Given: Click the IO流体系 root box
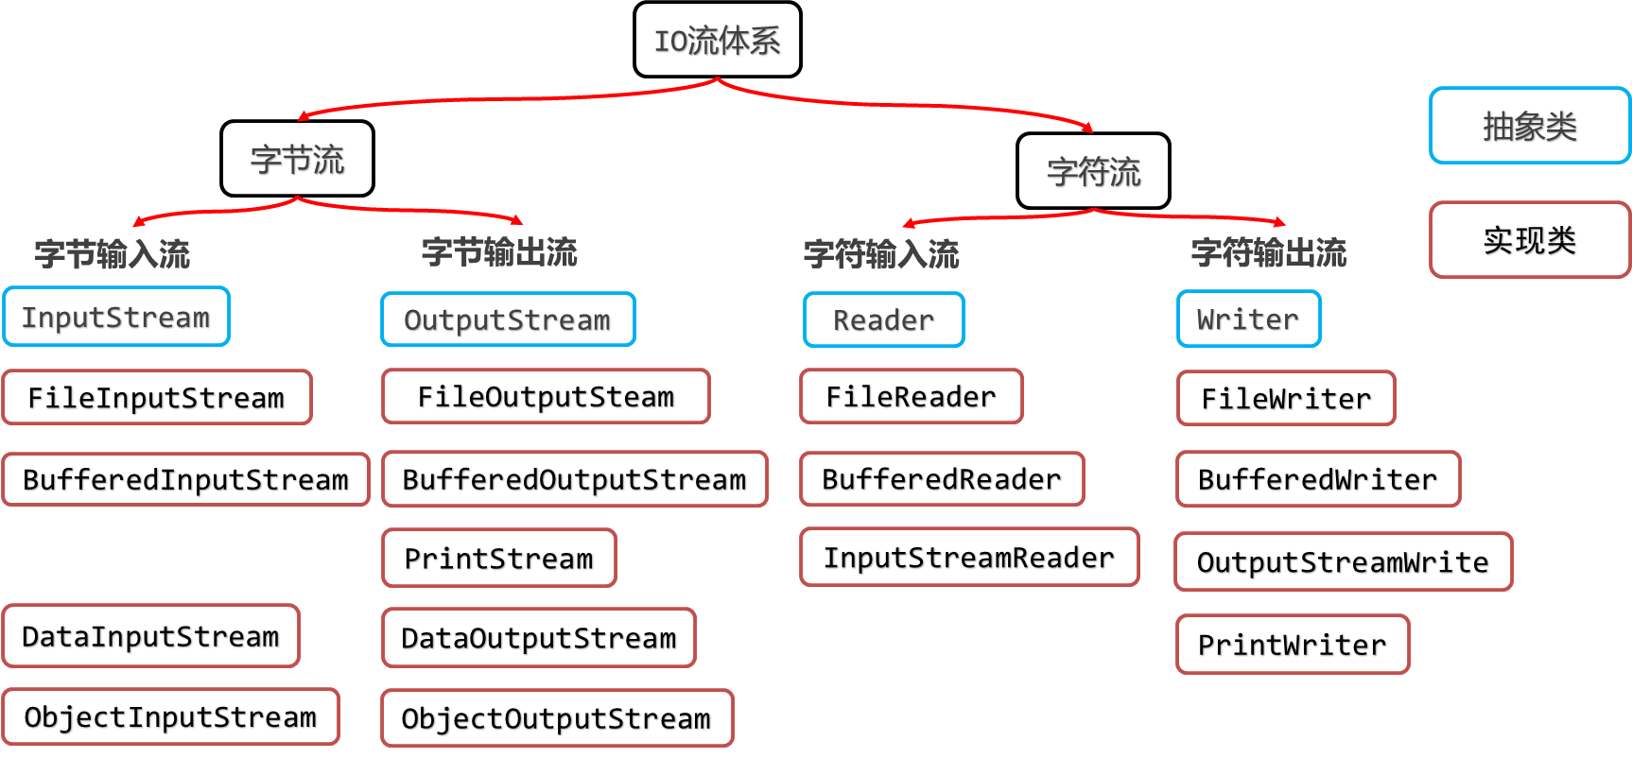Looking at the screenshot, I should point(717,40).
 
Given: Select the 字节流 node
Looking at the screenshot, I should point(297,159).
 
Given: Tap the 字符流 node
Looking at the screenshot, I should point(1093,171).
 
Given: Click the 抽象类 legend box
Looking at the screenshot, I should point(1529,126).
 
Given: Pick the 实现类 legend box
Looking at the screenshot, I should point(1529,240).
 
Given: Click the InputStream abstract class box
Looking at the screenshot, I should point(116,317).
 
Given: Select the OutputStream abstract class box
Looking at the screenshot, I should point(508,319).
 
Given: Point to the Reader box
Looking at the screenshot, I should point(883,319).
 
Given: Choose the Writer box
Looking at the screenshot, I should point(1248,319).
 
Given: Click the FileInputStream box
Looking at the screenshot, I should point(157,397).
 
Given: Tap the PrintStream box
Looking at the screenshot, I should point(499,558).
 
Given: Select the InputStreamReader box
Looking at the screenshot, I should point(969,557).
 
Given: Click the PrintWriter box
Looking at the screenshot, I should point(1293,645).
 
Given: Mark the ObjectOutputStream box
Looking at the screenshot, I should point(557,718).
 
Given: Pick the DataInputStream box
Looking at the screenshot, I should point(151,636).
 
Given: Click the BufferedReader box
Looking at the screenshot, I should point(942,479).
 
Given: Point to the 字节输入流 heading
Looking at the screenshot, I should point(113,253).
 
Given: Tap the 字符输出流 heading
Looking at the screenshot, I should point(1269,252).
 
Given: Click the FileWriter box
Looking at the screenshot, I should point(1286,398).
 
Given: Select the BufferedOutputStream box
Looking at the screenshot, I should point(575,479).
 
